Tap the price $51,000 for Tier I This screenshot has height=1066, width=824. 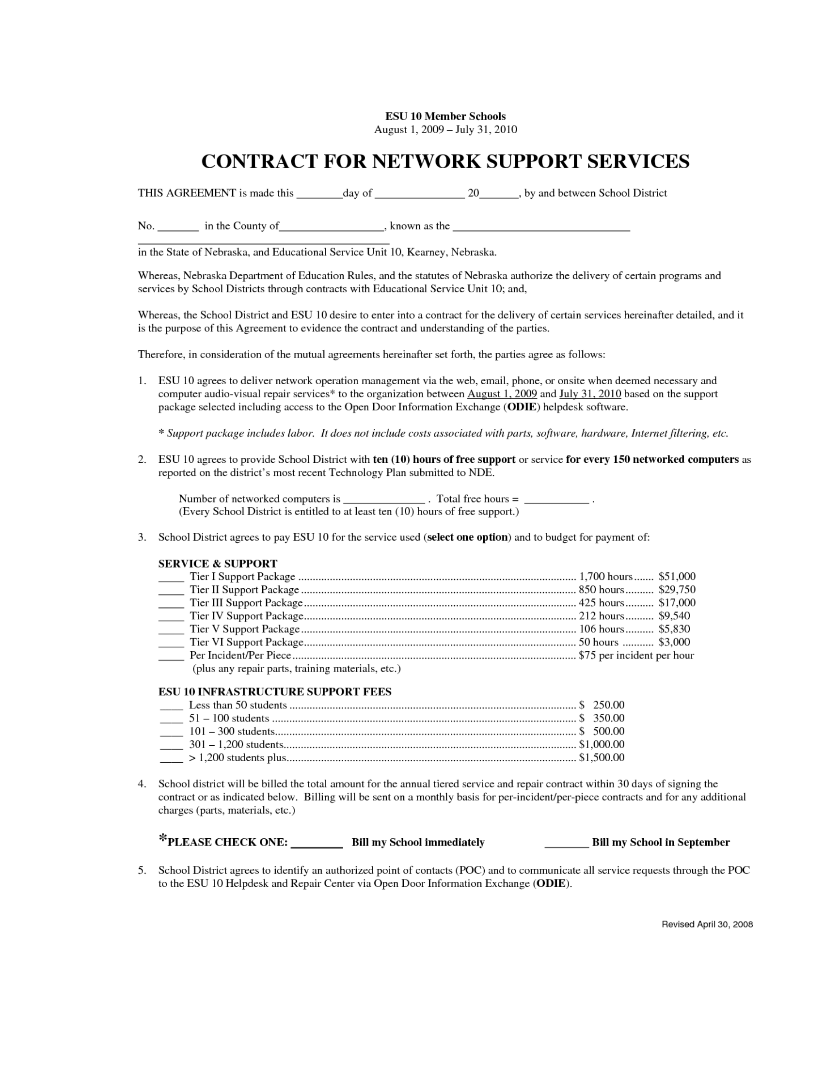pyautogui.click(x=677, y=577)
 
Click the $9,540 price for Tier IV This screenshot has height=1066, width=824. pyautogui.click(x=674, y=616)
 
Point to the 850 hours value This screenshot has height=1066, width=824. pyautogui.click(x=601, y=590)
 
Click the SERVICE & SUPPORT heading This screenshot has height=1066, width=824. pyautogui.click(x=218, y=563)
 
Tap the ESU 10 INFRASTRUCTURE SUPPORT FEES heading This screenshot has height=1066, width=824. pyautogui.click(x=275, y=691)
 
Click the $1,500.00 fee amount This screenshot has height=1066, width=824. pyautogui.click(x=602, y=757)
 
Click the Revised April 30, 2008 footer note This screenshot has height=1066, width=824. pyautogui.click(x=707, y=925)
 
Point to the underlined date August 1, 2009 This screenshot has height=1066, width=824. pyautogui.click(x=502, y=394)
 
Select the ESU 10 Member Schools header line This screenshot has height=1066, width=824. pyautogui.click(x=445, y=116)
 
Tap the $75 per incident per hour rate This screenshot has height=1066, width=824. pyautogui.click(x=636, y=656)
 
